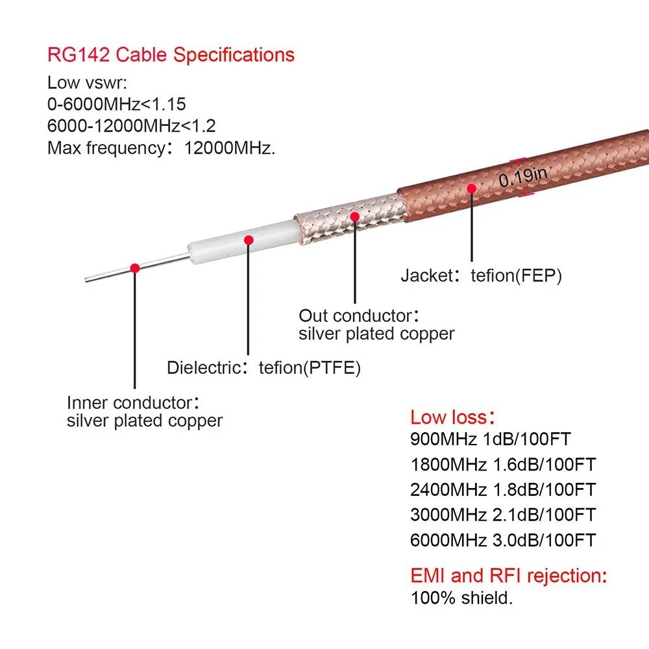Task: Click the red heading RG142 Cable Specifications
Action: point(171,55)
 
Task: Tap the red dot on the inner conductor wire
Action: point(135,267)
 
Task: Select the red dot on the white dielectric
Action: point(248,240)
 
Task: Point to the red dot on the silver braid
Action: point(355,216)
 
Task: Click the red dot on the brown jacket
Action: point(471,188)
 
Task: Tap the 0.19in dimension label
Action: point(523,177)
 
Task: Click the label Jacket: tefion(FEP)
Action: point(481,275)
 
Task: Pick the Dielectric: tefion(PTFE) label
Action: point(263,368)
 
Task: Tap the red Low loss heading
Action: point(454,417)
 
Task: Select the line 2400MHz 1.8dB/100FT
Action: point(502,489)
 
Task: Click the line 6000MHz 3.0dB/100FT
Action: point(502,540)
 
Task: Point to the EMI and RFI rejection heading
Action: point(509,576)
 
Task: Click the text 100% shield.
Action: point(461,598)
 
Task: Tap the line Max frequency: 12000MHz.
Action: point(162,147)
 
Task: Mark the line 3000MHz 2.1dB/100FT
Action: point(502,515)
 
